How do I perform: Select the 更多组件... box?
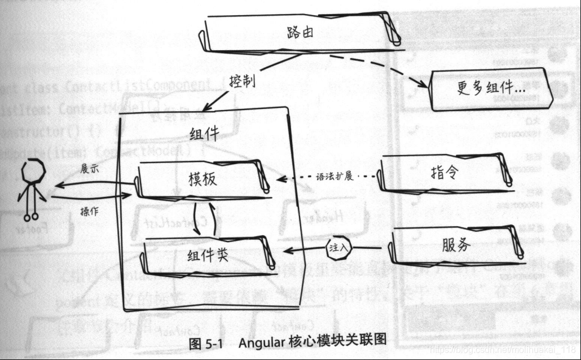point(488,89)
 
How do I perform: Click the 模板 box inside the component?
point(203,179)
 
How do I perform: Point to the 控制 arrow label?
point(243,81)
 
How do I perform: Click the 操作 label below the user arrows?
point(91,210)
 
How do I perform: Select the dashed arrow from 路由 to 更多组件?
point(372,67)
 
